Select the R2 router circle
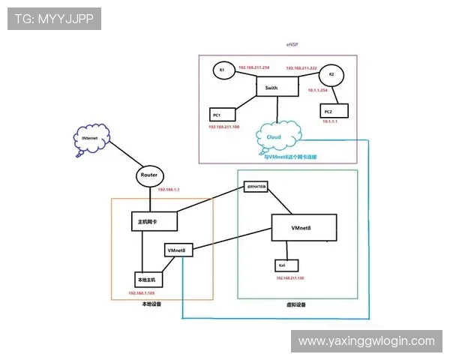[x=332, y=75]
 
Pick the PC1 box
[x=222, y=114]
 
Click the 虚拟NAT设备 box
[x=256, y=186]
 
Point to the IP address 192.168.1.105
[x=142, y=293]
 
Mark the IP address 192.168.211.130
[x=290, y=277]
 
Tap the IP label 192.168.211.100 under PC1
[x=223, y=127]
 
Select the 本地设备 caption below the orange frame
[x=151, y=304]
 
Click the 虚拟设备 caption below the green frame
[x=296, y=304]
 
